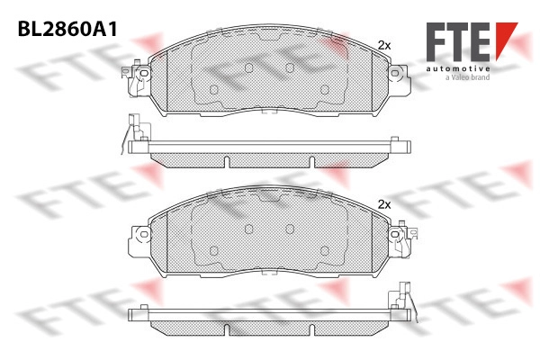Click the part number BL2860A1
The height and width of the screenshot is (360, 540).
click(x=67, y=29)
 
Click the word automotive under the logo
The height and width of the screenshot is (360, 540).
click(x=458, y=68)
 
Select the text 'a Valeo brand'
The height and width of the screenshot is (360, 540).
click(x=467, y=77)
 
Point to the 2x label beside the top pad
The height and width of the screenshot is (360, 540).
click(x=384, y=45)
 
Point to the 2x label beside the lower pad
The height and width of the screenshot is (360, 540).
click(x=384, y=205)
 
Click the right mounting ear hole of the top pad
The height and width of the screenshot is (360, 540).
click(x=395, y=73)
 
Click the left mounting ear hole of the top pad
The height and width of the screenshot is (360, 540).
click(x=144, y=73)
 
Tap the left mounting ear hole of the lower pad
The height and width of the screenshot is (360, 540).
click(x=144, y=235)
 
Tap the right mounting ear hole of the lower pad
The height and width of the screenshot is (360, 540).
click(x=395, y=235)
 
